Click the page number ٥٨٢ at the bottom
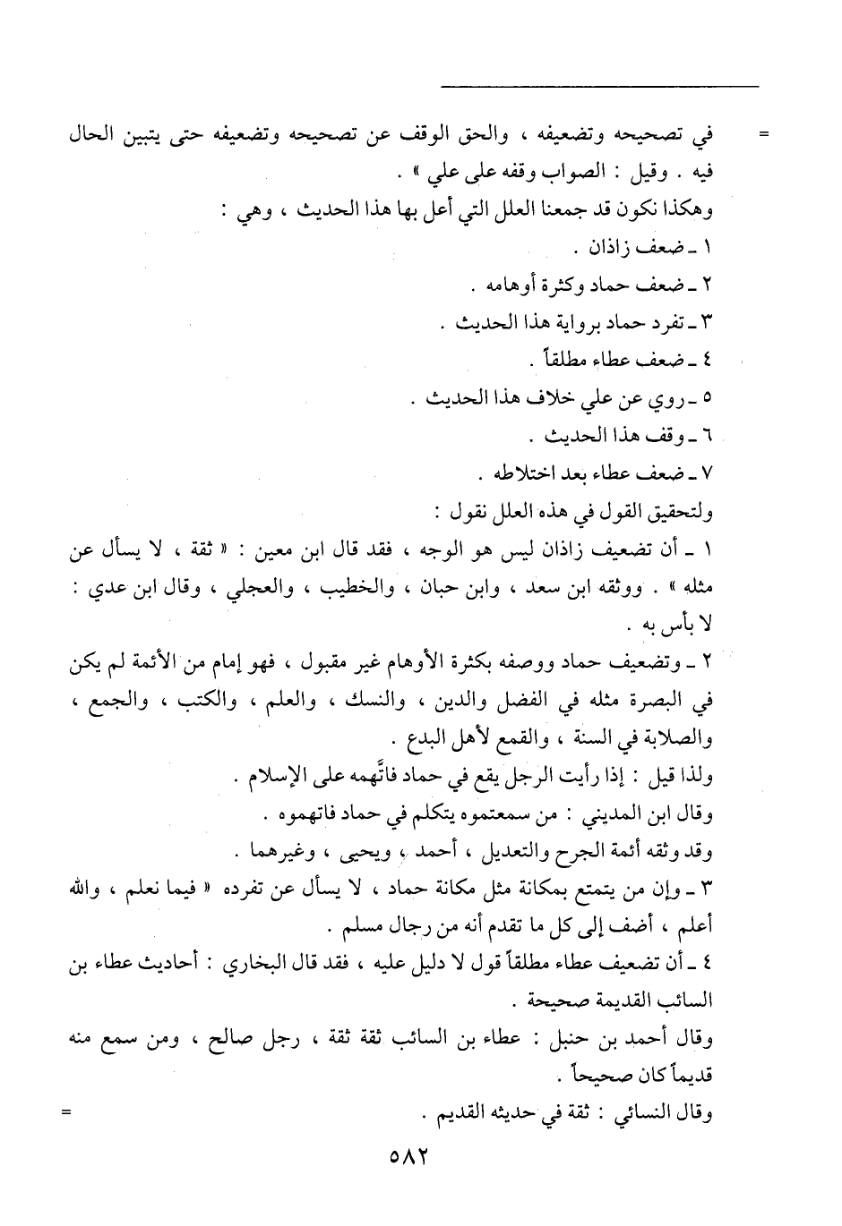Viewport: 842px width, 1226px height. pyautogui.click(x=410, y=1154)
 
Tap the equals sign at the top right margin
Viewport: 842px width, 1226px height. pyautogui.click(x=764, y=136)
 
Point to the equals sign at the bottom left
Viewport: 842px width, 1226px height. pyautogui.click(x=64, y=1113)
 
